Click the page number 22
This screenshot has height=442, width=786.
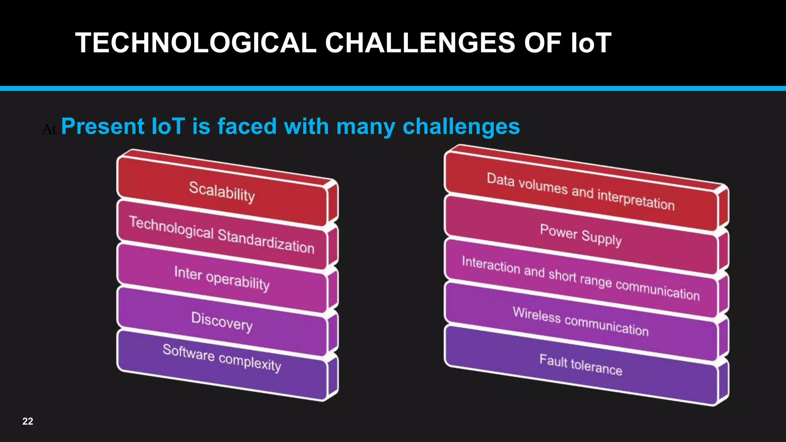tap(28, 421)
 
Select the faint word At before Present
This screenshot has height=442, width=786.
tap(49, 130)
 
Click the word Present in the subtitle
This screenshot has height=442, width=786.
tap(102, 126)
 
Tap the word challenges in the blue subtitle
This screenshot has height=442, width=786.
tap(461, 127)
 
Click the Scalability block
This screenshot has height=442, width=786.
tap(222, 191)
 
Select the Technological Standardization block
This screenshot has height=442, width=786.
tap(222, 235)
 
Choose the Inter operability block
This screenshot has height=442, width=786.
tap(222, 278)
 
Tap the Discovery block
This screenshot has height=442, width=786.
tap(222, 322)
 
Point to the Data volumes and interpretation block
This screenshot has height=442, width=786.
tap(580, 191)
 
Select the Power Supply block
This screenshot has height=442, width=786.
tap(580, 235)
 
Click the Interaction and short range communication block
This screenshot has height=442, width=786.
tap(580, 278)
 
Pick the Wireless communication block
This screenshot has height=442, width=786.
tap(580, 322)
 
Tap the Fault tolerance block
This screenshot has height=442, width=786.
tap(580, 365)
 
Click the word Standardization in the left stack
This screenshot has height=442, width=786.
tap(266, 241)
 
